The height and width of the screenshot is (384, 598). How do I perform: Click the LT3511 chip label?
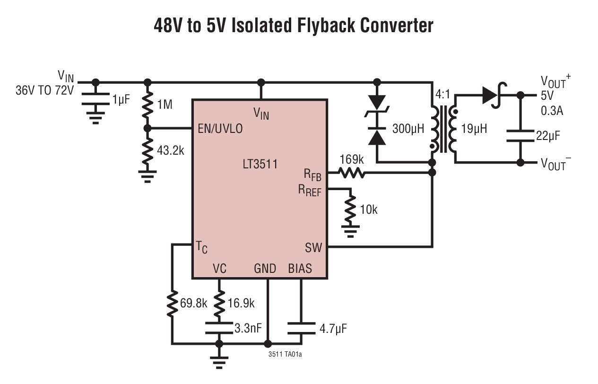click(259, 165)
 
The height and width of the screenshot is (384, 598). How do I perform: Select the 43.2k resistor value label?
click(170, 151)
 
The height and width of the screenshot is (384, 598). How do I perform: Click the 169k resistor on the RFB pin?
click(351, 173)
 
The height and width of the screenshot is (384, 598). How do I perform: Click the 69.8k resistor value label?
click(193, 304)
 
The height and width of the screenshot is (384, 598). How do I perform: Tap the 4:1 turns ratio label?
click(443, 94)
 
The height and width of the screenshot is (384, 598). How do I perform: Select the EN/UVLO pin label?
click(220, 129)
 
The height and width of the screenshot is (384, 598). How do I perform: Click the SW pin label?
click(313, 247)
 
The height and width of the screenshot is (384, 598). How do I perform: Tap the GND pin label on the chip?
click(265, 269)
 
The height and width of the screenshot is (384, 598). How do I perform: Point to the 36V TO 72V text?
click(45, 90)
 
